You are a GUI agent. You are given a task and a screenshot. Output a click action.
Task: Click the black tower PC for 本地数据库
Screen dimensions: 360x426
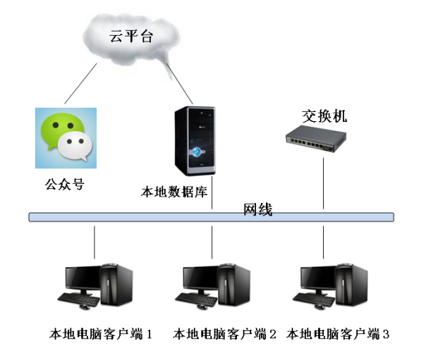coord(200,141)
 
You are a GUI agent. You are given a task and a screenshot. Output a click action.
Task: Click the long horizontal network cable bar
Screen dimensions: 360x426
coord(141,217)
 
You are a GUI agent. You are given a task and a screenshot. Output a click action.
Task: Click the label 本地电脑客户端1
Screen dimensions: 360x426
coord(102,333)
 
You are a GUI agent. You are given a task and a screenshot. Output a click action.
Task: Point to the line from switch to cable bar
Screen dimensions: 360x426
coord(324,183)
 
